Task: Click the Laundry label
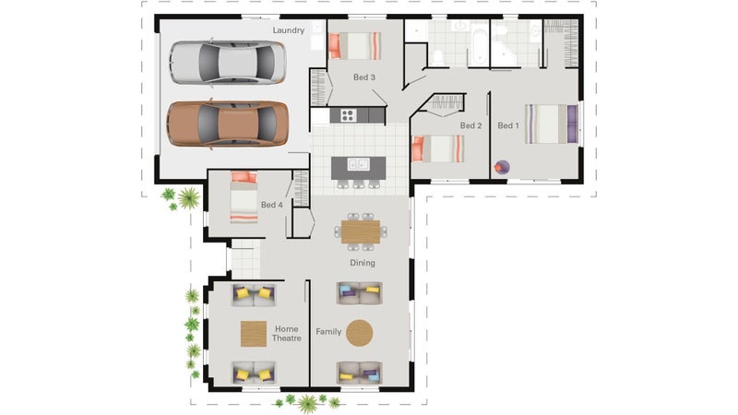coord(288,30)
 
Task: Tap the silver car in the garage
coord(228,63)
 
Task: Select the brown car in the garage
coord(228,124)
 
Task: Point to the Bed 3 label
coord(364,77)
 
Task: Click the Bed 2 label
coord(470,125)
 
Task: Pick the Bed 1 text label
coord(508,125)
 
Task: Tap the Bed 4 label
coord(271,205)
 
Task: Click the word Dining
coord(363,263)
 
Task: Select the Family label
coord(328,332)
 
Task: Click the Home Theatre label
coord(287,334)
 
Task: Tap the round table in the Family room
coord(360,333)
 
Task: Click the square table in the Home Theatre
coord(254,334)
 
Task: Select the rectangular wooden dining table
coord(361,232)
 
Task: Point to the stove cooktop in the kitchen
coord(349,115)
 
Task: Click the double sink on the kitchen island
coord(358,164)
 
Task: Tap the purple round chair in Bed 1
coord(502,167)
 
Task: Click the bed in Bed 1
coord(551,125)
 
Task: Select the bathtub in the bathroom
coord(479,48)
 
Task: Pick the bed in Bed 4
coord(244,197)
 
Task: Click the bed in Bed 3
coord(355,46)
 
